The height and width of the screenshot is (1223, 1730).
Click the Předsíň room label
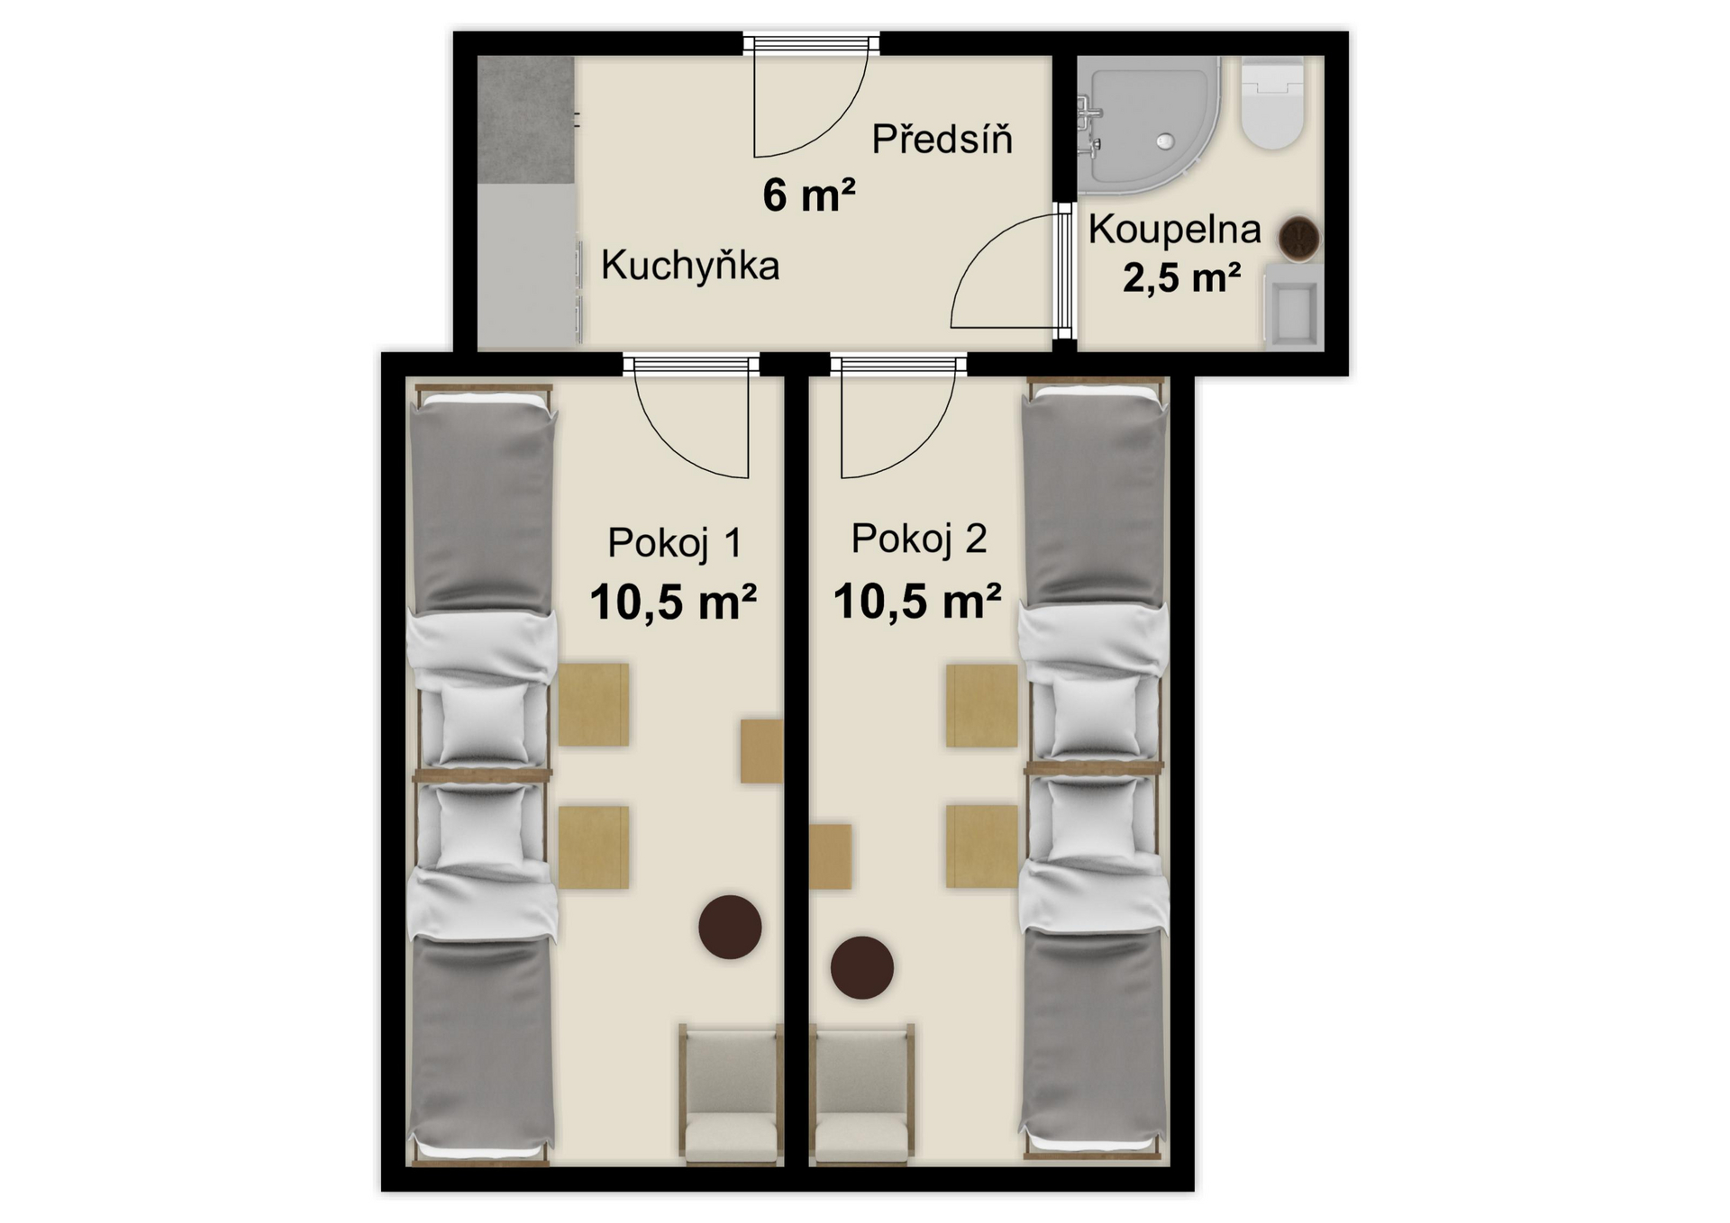point(942,139)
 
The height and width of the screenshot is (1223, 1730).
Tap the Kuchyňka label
point(689,266)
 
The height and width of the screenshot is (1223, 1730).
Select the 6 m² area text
point(808,195)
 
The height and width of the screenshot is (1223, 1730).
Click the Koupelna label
point(1174,229)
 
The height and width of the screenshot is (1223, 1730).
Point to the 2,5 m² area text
point(1181,276)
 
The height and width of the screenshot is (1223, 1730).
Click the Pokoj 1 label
point(675,543)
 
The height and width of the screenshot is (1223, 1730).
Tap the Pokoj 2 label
point(919,539)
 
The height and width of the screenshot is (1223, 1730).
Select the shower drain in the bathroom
point(1166,141)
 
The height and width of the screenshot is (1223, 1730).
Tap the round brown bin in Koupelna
point(1299,239)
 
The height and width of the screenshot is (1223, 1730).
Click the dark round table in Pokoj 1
point(730,927)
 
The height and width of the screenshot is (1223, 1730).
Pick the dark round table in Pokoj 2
point(862,967)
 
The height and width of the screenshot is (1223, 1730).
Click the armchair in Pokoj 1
point(730,1092)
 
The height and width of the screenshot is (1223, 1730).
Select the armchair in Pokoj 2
point(863,1092)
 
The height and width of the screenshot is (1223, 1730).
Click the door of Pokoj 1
point(691,416)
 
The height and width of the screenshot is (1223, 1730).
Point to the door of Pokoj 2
point(898,416)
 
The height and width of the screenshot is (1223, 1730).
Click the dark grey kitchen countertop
point(525,120)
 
